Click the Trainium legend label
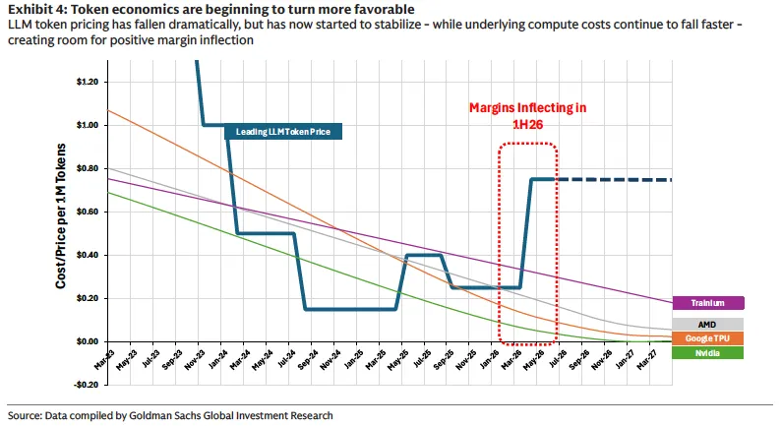coord(708,303)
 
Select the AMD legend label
coord(708,325)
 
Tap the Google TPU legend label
coord(708,338)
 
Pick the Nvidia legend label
coord(708,353)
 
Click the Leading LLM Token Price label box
coord(283,132)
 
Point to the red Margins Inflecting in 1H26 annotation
coord(528,115)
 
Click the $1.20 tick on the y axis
coord(88,82)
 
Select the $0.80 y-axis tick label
coord(88,168)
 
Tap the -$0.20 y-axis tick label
coord(87,385)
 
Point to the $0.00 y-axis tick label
coord(88,341)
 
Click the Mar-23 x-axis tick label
coord(104,359)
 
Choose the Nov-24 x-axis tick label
coord(330,359)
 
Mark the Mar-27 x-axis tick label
coord(647,359)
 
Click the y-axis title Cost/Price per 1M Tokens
coord(61,215)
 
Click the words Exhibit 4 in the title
coord(35,9)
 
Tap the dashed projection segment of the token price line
coord(614,179)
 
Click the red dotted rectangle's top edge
coord(528,144)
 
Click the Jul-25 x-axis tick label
coord(421,359)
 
